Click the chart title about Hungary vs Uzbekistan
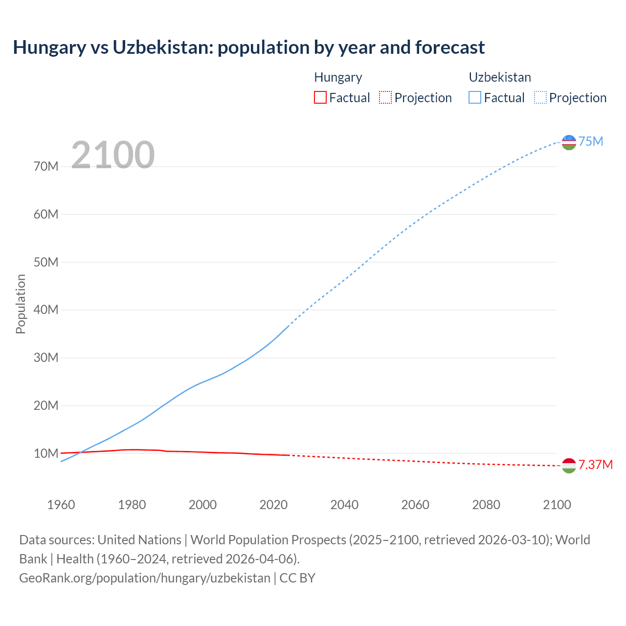pos(248,47)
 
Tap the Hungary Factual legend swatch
pos(320,97)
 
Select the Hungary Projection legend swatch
pos(385,97)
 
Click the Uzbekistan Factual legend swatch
pos(474,97)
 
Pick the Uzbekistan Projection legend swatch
pos(540,97)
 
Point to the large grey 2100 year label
pos(112,155)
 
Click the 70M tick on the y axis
pos(46,166)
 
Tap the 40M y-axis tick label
pos(46,310)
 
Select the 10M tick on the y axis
pos(46,453)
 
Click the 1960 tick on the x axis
pos(61,505)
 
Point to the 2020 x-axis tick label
pos(273,505)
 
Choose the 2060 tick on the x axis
pos(415,505)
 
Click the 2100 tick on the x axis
pos(557,505)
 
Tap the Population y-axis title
pos(21,304)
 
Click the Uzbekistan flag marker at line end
pos(569,142)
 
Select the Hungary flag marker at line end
pos(569,466)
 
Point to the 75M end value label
pos(591,142)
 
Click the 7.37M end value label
pos(595,465)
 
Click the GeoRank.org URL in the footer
pos(145,578)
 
